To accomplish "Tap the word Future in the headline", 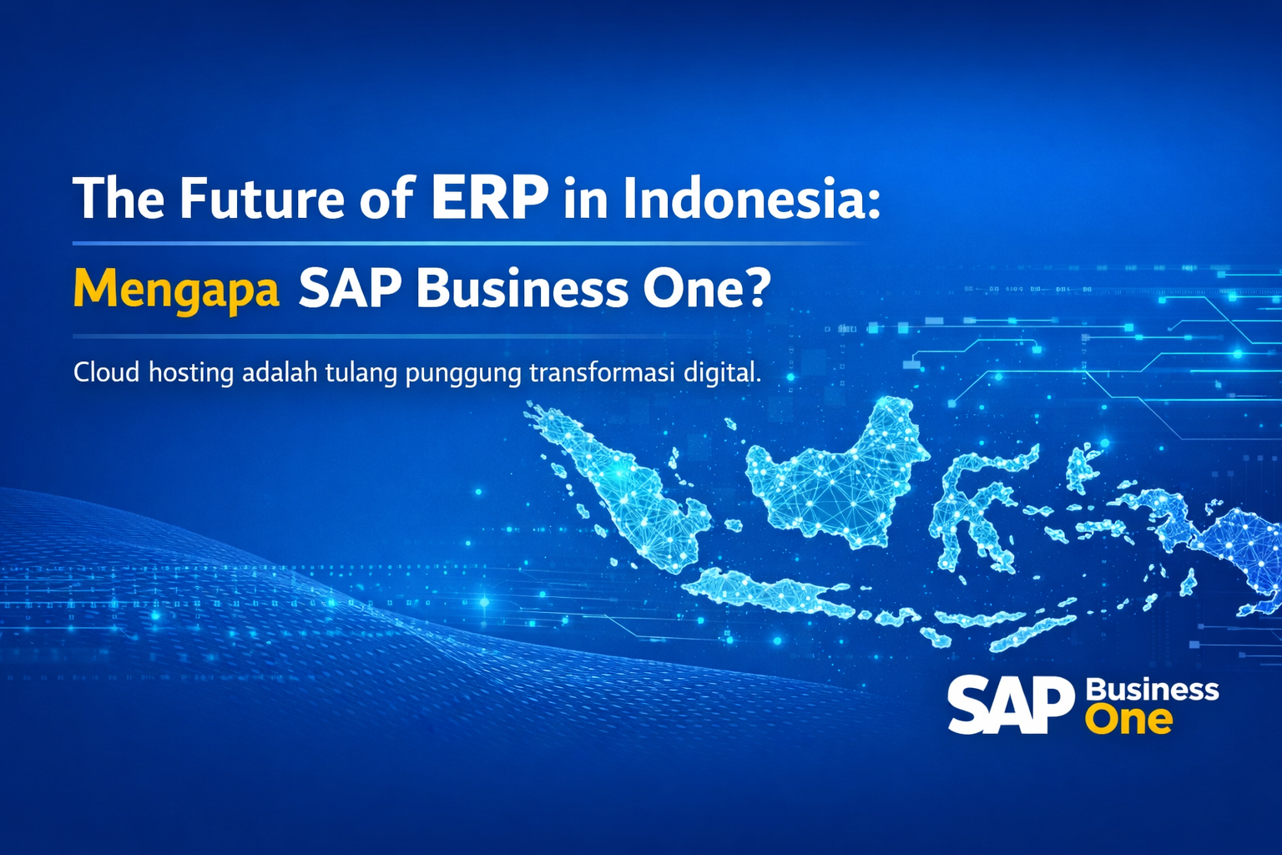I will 261,199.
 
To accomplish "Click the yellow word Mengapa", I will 176,290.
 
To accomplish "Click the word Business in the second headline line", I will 522,289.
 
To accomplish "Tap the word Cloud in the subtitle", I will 106,372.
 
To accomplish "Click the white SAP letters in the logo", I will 1010,705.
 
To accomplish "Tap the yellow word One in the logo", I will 1128,720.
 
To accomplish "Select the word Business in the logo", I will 1152,690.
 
